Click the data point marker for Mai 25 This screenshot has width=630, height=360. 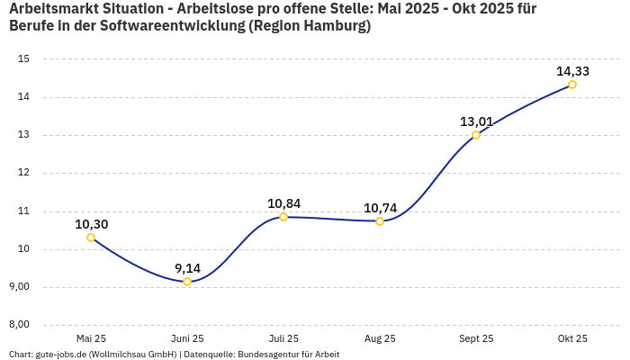[x=91, y=238]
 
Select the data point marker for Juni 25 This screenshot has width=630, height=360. [x=187, y=282]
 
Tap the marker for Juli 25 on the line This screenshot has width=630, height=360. [x=283, y=217]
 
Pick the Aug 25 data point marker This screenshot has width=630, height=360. [x=380, y=220]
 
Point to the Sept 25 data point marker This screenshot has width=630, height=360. [x=476, y=135]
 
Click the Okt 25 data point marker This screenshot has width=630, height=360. [x=572, y=85]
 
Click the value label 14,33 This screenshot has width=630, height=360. [x=572, y=71]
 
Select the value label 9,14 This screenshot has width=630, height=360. [x=187, y=268]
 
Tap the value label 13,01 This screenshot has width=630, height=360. [x=476, y=121]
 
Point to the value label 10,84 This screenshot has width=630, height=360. [x=283, y=203]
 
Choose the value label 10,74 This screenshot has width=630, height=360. [x=380, y=208]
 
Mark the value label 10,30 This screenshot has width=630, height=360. [x=91, y=224]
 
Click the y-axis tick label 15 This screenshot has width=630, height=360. [x=24, y=59]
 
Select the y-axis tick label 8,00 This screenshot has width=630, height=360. [x=19, y=325]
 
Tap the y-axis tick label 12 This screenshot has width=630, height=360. [x=24, y=173]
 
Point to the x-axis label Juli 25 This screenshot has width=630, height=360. [x=283, y=338]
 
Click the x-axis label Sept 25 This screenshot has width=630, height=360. [x=476, y=338]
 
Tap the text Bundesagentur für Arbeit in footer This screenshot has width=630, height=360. [x=288, y=355]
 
